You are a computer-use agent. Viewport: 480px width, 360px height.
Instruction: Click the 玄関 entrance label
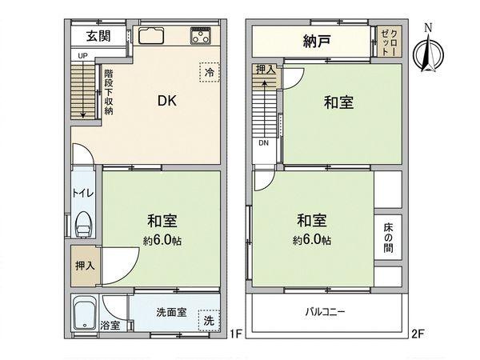point(100,36)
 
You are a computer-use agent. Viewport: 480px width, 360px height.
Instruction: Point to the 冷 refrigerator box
point(209,72)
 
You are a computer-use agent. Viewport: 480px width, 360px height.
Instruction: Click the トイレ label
point(82,193)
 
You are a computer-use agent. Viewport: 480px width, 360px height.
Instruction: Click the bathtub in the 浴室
point(85,314)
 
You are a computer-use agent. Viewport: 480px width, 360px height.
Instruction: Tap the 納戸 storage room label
point(318,41)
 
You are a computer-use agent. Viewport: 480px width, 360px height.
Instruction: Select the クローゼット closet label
point(389,41)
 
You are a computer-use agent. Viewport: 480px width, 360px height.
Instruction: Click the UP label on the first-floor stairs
point(82,55)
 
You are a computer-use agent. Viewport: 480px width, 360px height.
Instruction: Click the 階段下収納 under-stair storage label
point(108,92)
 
